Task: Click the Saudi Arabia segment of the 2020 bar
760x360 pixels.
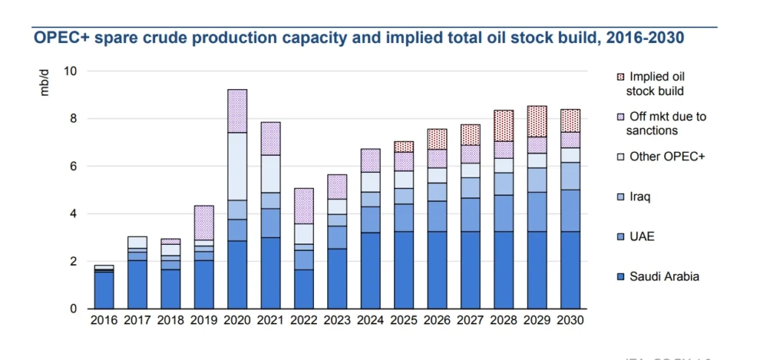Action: (237, 275)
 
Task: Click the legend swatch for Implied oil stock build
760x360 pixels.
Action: (620, 76)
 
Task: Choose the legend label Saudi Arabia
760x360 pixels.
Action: (664, 277)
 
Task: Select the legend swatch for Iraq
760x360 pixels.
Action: (620, 197)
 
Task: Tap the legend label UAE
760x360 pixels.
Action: (641, 237)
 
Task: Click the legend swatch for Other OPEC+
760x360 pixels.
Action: (620, 157)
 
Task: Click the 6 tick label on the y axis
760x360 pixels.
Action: (73, 166)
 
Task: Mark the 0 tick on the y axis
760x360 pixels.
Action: (73, 309)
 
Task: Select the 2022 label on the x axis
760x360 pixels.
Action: (304, 321)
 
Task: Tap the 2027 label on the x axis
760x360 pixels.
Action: (470, 321)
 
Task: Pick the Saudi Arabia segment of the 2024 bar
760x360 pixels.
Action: (370, 271)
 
